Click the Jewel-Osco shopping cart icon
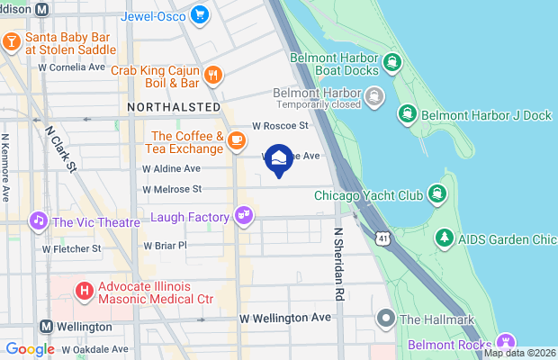coord(199,14)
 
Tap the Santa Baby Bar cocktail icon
coord(12,41)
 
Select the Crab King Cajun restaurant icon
coord(213,75)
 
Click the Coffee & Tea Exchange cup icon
coord(237,140)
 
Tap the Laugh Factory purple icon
coord(242,215)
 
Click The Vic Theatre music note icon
coord(38,220)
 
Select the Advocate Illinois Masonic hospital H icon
coord(84,290)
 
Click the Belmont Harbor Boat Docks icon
coord(391,62)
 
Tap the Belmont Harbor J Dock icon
coord(407,113)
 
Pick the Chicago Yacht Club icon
coord(437,194)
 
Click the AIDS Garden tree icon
coord(444,238)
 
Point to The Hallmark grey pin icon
coord(385,318)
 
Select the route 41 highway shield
coord(384,237)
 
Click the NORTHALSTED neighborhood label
coord(174,107)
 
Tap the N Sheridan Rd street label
coord(339,263)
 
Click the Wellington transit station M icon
coord(45,326)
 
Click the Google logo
coord(30,349)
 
